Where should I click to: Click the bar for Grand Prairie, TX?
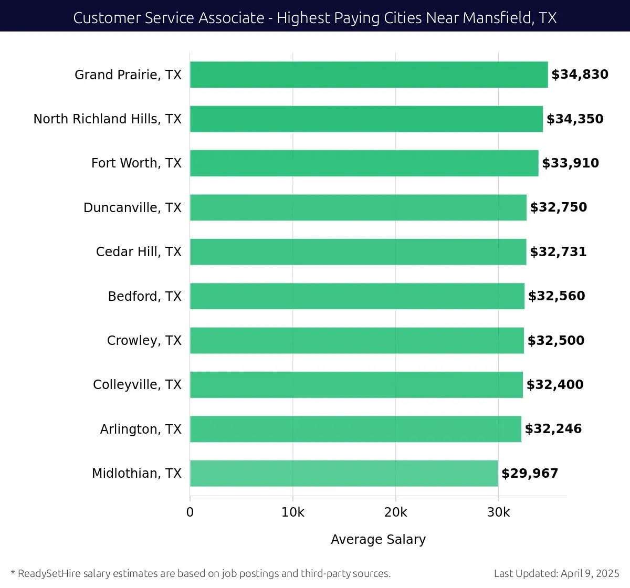(369, 75)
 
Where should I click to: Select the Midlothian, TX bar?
(344, 473)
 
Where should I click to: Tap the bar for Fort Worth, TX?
(364, 163)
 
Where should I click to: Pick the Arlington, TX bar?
(355, 429)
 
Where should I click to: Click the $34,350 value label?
(575, 119)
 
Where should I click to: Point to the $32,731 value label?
(558, 252)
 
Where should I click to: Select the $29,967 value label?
(530, 474)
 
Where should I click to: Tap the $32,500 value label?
(555, 341)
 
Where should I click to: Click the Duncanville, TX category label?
(132, 208)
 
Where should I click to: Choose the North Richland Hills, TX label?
(108, 119)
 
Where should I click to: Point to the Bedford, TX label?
(144, 297)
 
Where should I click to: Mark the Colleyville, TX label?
(137, 385)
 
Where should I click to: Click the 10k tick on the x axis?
(292, 512)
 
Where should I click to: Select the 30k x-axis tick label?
(498, 512)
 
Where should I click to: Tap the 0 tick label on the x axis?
(190, 512)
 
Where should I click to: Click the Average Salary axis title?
(378, 540)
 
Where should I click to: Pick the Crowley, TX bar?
(357, 340)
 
